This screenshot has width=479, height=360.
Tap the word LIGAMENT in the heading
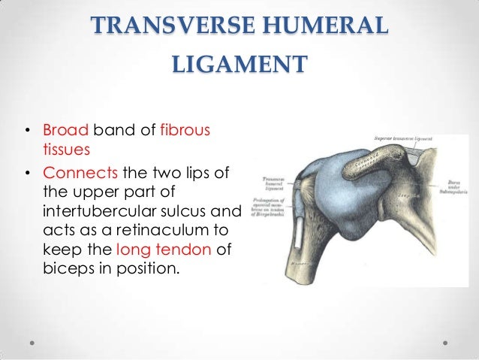pos(239,63)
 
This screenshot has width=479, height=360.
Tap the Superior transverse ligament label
pos(406,139)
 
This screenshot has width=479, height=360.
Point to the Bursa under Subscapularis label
pos(450,186)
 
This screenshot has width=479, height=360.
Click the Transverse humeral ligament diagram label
pos(278,185)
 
